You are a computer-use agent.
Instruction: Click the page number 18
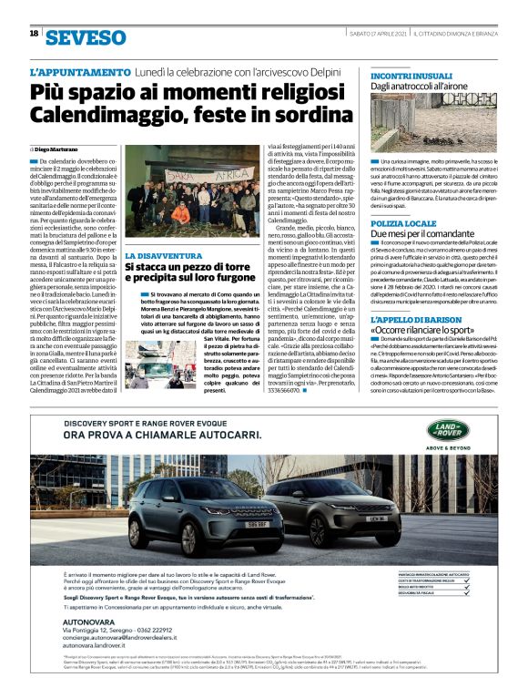(x=34, y=34)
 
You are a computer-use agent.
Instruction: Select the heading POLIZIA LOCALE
(x=401, y=222)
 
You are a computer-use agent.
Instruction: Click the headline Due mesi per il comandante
(x=422, y=235)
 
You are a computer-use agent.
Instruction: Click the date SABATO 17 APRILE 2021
(x=376, y=34)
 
